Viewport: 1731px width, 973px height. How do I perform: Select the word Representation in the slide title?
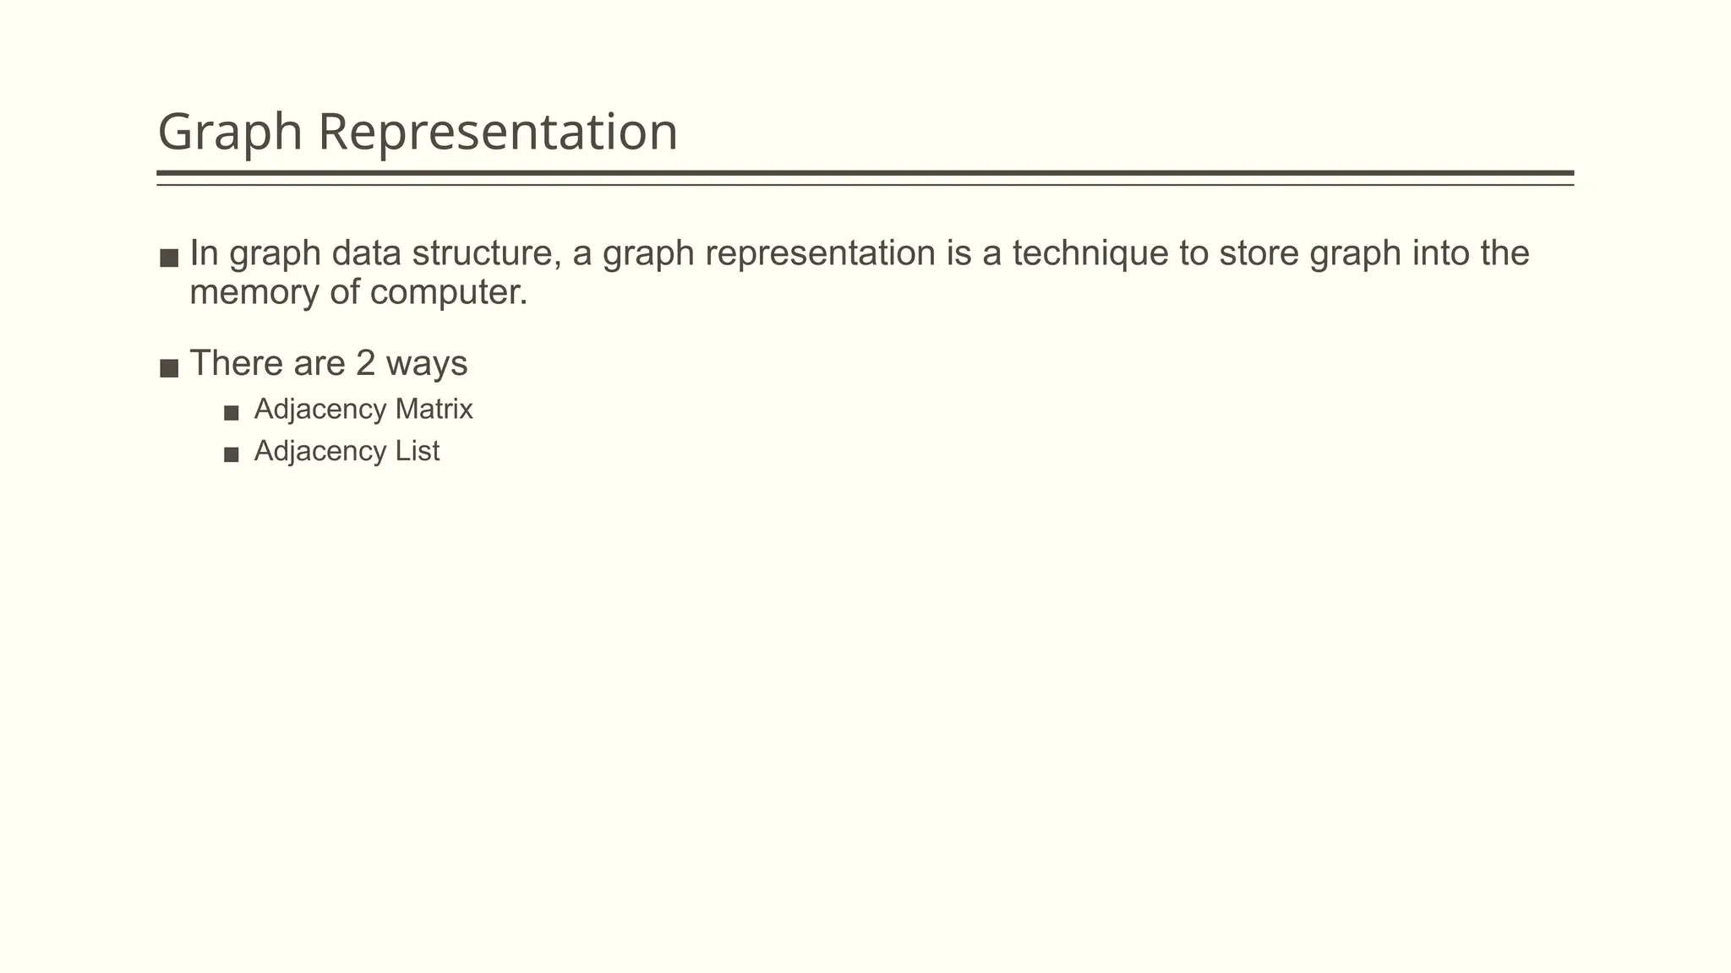tap(498, 133)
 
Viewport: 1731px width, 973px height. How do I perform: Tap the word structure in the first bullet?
tap(485, 253)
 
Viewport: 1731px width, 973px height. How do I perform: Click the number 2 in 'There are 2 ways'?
tap(365, 364)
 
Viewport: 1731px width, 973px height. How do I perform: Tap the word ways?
tap(426, 364)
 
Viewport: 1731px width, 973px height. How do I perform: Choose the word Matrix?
tap(434, 410)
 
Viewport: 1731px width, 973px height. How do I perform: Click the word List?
tap(417, 451)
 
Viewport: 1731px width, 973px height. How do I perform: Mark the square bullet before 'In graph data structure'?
tap(169, 258)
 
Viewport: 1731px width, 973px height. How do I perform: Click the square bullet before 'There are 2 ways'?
tap(169, 368)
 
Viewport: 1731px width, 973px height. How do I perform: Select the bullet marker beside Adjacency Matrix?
tap(232, 413)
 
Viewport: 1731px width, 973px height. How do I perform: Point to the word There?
tap(236, 364)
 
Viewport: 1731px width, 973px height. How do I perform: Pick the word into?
tap(1440, 253)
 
